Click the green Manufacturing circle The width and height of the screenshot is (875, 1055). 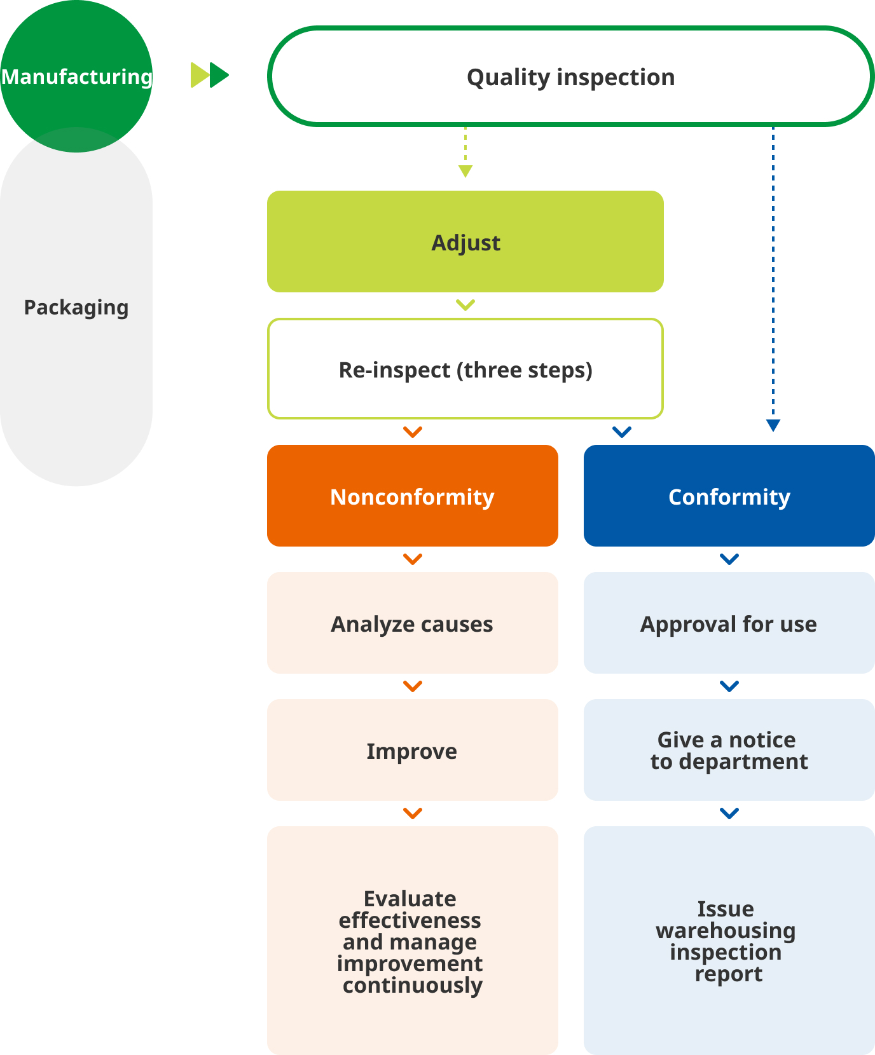(x=76, y=76)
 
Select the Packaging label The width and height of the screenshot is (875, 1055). (x=76, y=308)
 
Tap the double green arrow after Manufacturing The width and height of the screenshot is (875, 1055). (x=210, y=75)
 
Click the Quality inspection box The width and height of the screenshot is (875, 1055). (x=570, y=77)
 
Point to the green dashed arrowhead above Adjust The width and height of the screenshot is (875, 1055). (x=465, y=171)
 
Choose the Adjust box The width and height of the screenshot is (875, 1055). (x=465, y=242)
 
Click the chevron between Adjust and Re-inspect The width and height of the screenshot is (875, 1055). (x=465, y=305)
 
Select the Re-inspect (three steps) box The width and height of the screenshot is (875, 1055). (x=465, y=369)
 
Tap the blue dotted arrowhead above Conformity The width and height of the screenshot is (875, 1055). (x=773, y=425)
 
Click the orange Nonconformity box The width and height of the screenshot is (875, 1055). (x=412, y=496)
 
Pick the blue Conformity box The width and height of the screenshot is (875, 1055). (x=729, y=496)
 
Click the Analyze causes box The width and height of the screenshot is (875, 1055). (x=412, y=623)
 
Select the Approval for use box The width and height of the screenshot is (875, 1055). (x=729, y=623)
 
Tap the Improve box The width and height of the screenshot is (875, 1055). (x=412, y=751)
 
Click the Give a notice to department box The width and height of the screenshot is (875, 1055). (x=729, y=751)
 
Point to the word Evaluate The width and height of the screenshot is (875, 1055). (x=410, y=899)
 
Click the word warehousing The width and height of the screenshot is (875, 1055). (x=726, y=930)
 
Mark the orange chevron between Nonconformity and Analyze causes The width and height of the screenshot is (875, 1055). (x=413, y=559)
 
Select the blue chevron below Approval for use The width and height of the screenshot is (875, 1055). (x=729, y=686)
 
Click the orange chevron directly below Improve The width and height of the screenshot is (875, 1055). (x=413, y=813)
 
